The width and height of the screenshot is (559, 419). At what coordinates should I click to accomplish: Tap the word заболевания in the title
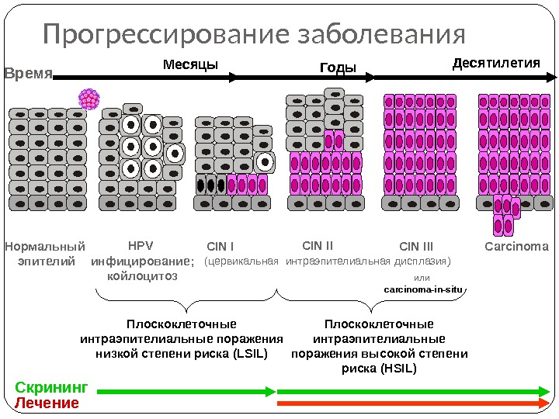371,36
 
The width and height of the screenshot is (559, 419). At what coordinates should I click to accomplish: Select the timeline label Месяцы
189,64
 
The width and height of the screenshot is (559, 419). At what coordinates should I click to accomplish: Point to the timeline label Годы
338,68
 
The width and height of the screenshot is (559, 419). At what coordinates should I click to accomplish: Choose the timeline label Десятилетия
495,62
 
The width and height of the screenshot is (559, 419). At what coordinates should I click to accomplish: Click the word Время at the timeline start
29,74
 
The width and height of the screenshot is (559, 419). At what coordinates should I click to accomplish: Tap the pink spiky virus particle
90,99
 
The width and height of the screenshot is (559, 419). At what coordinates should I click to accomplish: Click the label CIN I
221,248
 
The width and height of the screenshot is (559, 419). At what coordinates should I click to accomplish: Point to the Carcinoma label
516,248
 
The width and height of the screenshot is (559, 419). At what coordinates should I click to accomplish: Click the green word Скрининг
52,387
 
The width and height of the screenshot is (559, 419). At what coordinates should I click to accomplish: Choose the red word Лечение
47,403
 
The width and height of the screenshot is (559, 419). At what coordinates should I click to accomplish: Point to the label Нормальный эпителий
44,255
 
